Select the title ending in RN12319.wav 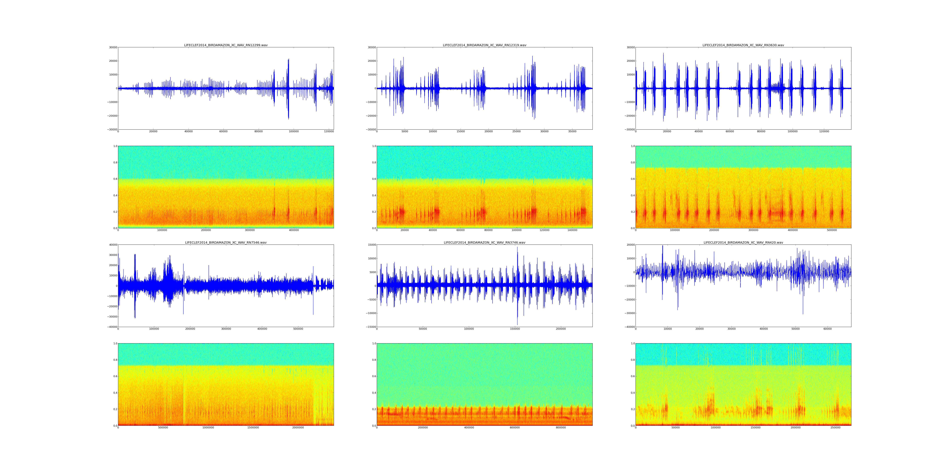pyautogui.click(x=484, y=45)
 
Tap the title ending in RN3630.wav pyautogui.click(x=743, y=45)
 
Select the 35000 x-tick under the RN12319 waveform pyautogui.click(x=572, y=131)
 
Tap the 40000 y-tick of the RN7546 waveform pyautogui.click(x=112, y=245)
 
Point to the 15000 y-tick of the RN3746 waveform pyautogui.click(x=371, y=245)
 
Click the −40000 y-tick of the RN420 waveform pyautogui.click(x=629, y=327)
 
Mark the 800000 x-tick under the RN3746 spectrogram pyautogui.click(x=561, y=427)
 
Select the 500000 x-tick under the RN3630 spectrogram pyautogui.click(x=832, y=230)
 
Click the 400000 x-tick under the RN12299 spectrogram pyautogui.click(x=294, y=230)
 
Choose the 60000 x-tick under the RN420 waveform pyautogui.click(x=827, y=329)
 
